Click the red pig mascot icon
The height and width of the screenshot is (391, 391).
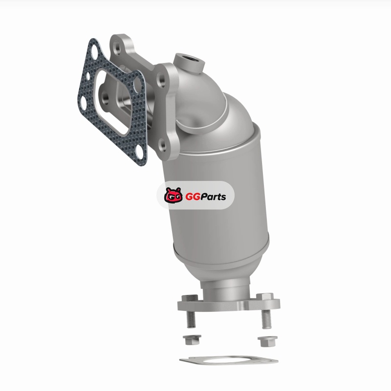point(174,195)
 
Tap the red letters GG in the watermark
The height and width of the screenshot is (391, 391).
point(193,197)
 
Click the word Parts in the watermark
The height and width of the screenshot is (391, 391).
point(213,197)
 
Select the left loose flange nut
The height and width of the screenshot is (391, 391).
point(192,339)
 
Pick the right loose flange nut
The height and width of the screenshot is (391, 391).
point(267,341)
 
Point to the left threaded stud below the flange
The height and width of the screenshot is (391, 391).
point(191,319)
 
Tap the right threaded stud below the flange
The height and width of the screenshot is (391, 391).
point(266,319)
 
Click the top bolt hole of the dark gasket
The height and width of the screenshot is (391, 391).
point(94,51)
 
